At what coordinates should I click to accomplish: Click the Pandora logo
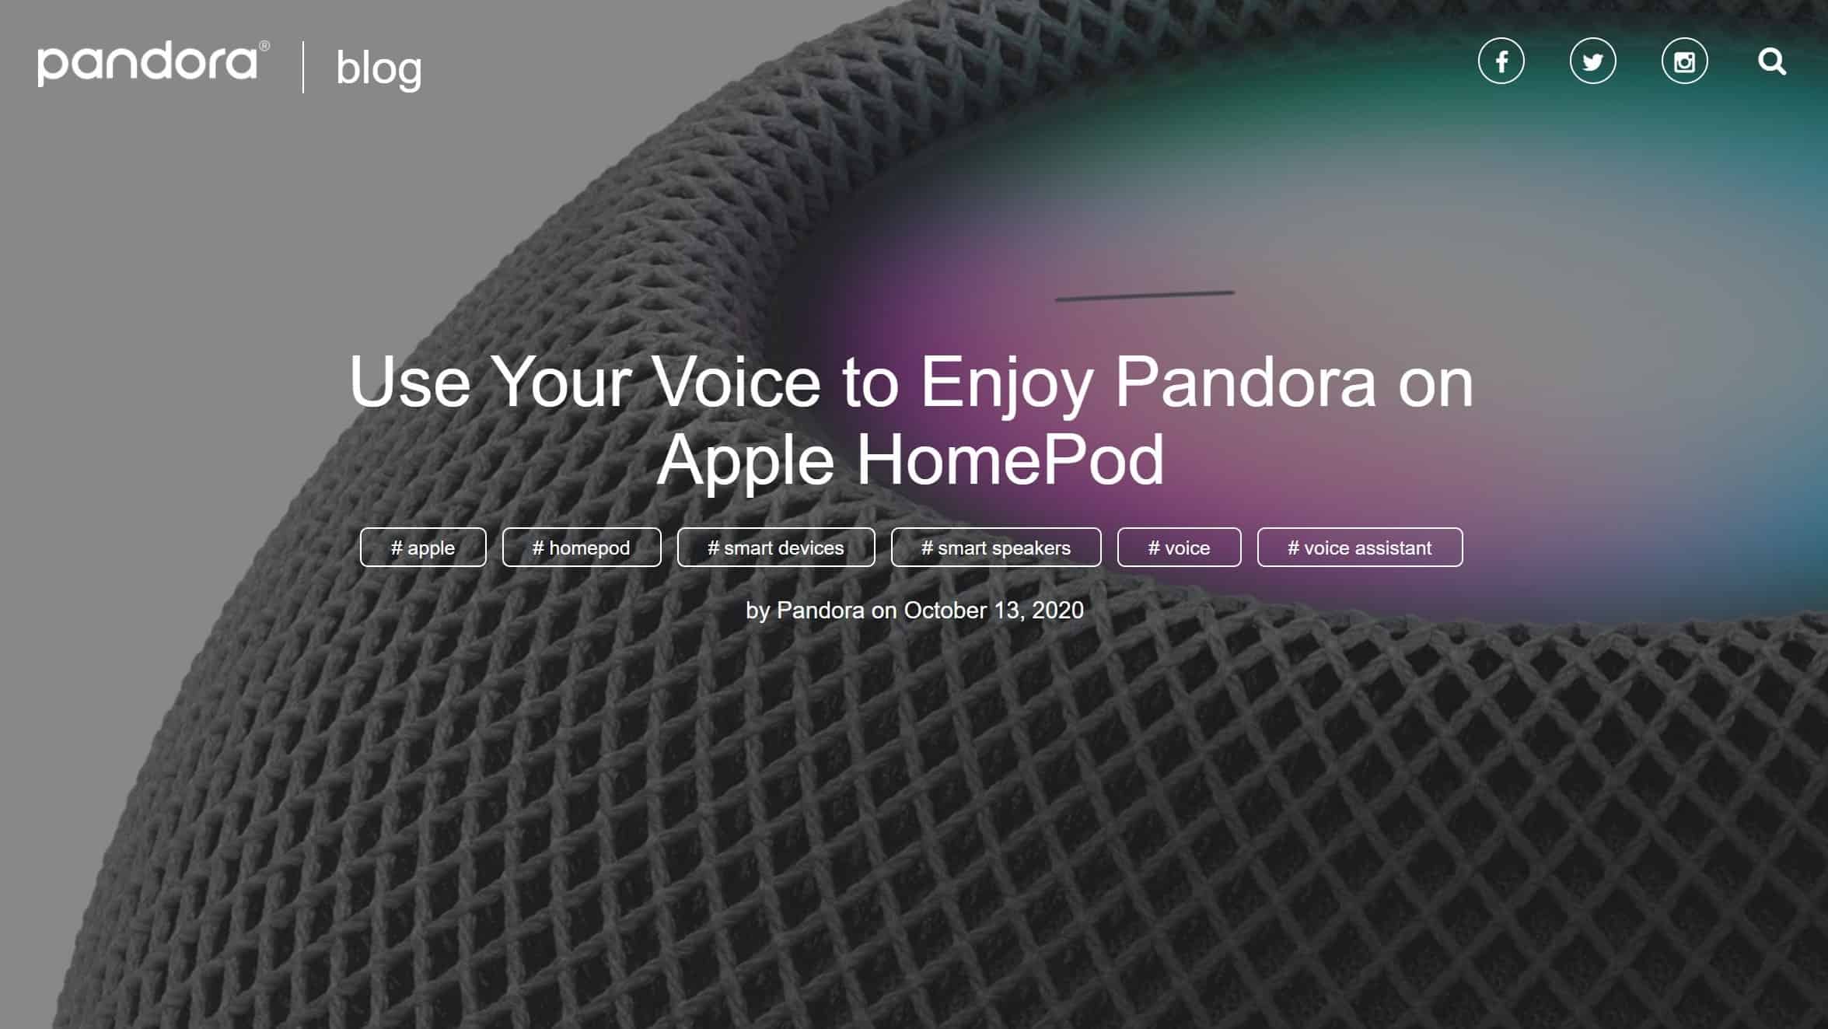point(153,63)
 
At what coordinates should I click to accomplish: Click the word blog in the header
point(379,68)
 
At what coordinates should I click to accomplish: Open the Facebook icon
point(1501,61)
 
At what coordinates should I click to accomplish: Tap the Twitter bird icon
point(1592,61)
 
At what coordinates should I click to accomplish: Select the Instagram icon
point(1684,61)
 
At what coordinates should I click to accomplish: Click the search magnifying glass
point(1772,61)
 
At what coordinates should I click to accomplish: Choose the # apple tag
point(423,548)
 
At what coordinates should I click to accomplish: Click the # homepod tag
point(582,548)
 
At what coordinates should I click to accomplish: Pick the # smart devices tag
point(776,548)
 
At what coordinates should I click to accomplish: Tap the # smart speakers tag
point(996,548)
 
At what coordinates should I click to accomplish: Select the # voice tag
point(1180,548)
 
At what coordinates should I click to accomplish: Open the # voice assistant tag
point(1360,548)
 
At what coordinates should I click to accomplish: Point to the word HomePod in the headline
point(1010,459)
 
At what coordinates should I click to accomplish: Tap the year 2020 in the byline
point(1057,611)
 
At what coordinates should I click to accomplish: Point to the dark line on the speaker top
point(1145,296)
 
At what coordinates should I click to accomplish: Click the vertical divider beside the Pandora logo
point(303,68)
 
